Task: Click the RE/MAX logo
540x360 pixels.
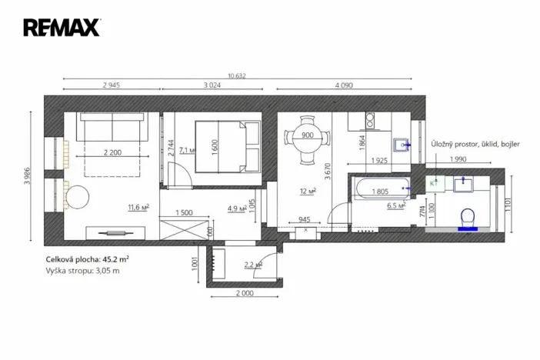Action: coord(62,28)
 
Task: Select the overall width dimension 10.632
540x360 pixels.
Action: coord(237,75)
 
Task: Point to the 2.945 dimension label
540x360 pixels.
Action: coord(111,85)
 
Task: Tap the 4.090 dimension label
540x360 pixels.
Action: coord(344,85)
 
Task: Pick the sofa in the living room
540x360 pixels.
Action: coord(112,128)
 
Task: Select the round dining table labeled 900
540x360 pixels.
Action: coord(307,140)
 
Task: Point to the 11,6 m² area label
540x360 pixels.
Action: coord(138,206)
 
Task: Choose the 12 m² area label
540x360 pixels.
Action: coord(309,192)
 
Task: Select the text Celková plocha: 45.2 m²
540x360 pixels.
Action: coord(87,259)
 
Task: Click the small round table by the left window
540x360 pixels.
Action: coord(78,196)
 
